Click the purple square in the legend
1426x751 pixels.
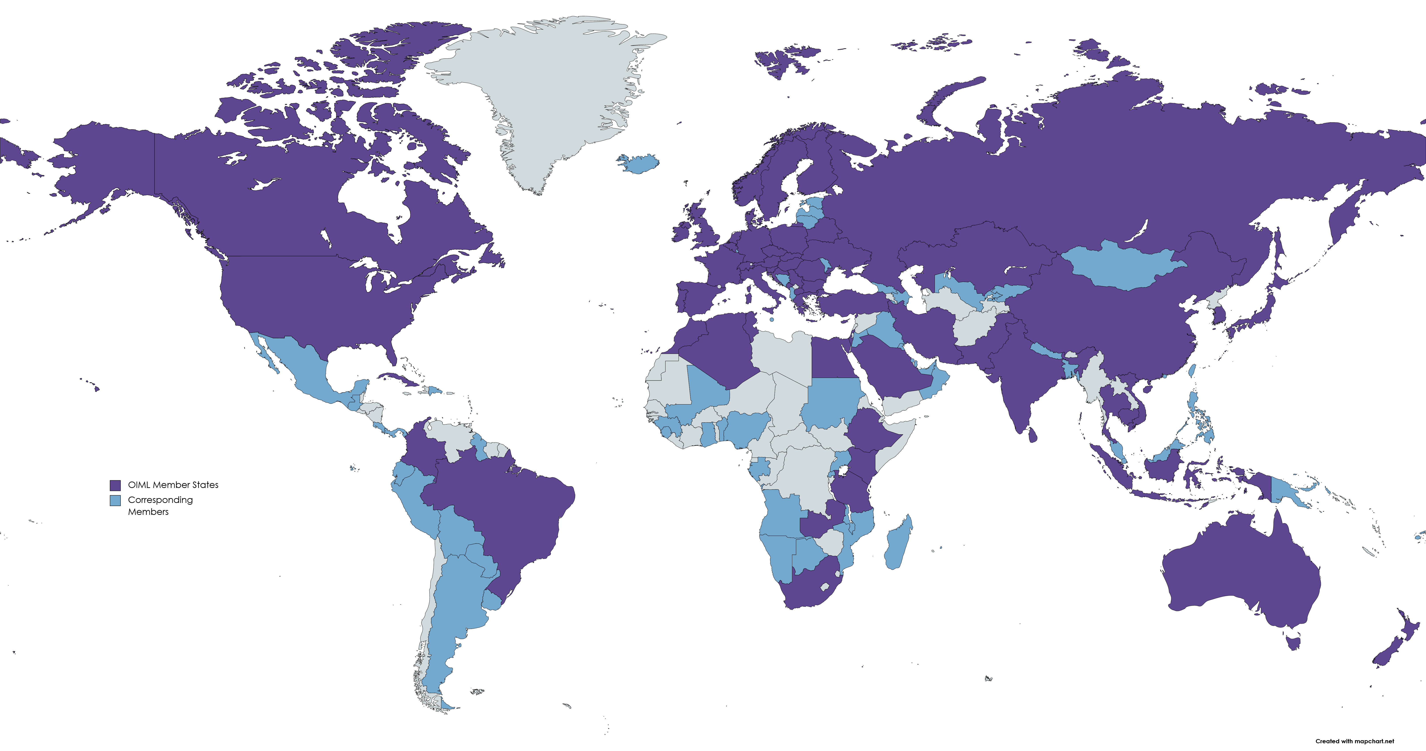point(115,485)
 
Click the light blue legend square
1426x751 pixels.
point(115,500)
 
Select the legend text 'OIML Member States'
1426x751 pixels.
point(173,485)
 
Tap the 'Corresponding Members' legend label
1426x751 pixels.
point(160,505)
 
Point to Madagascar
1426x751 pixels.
point(898,544)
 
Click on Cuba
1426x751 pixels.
point(401,380)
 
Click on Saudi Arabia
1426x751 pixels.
point(891,365)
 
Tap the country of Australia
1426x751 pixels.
point(1240,570)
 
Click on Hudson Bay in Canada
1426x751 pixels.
point(371,199)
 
